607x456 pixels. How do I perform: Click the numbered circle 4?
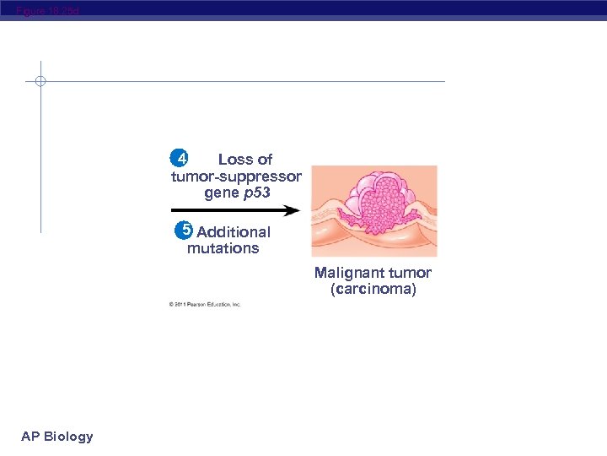point(179,158)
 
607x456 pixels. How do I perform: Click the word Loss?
point(234,160)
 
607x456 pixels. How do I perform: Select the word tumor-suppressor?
point(236,176)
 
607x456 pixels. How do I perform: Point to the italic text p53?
point(257,193)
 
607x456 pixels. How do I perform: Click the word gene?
point(222,193)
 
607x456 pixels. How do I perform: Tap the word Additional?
point(234,232)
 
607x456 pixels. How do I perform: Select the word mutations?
point(223,248)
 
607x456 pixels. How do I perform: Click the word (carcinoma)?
point(373,289)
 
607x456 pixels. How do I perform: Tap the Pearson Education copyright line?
point(204,304)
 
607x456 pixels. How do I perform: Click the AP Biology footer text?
point(57,437)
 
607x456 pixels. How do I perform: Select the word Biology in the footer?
point(68,437)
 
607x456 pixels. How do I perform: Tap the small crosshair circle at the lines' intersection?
point(40,82)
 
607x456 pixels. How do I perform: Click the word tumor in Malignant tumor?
point(411,273)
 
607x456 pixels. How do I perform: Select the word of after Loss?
point(263,160)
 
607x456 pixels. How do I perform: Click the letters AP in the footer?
point(30,437)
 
